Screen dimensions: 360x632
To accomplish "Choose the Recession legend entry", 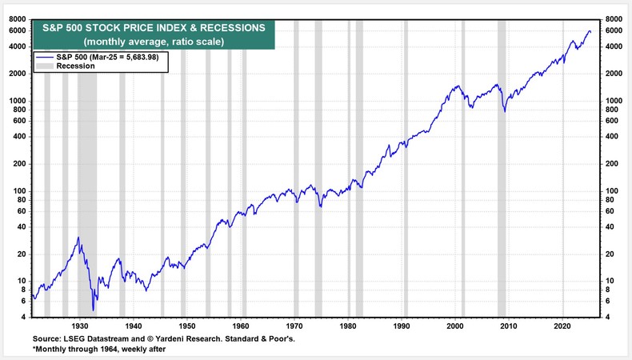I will (x=76, y=66).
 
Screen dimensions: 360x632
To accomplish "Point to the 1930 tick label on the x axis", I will (x=80, y=326).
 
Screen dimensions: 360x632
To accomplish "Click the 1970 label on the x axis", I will (x=295, y=326).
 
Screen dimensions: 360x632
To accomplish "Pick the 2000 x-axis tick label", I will (x=456, y=326).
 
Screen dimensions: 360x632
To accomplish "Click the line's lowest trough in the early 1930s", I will (x=94, y=310).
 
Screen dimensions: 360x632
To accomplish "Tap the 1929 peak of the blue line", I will (x=78, y=238).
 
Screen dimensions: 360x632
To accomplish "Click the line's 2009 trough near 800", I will (x=505, y=110).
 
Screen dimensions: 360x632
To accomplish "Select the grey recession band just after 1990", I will (x=406, y=160).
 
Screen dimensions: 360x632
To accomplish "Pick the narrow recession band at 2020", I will (x=563, y=160).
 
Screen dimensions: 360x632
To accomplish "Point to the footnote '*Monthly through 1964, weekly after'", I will (x=102, y=350).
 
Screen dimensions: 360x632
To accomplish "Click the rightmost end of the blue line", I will (x=590, y=31).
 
